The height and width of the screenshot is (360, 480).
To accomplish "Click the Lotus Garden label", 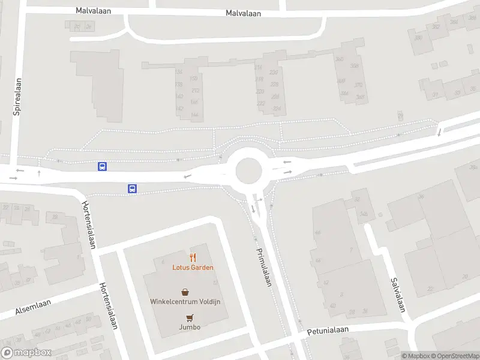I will (193, 268).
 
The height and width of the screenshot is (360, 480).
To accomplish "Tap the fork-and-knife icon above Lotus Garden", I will (193, 257).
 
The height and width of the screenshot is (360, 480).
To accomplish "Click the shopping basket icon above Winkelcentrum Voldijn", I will (185, 292).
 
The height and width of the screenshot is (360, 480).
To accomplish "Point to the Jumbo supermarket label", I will (189, 327).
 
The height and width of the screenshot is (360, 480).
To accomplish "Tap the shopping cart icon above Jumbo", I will (190, 318).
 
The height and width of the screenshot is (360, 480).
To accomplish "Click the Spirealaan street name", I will (17, 97).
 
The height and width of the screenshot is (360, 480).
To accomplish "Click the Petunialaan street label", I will (328, 331).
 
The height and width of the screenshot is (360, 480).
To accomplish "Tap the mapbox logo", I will (26, 353).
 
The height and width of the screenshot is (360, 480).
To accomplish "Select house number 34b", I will (364, 213).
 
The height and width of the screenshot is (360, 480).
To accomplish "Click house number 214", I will (259, 67).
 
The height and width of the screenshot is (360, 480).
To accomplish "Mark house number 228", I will (274, 84).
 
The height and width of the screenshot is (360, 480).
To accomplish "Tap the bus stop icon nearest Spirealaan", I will (103, 166).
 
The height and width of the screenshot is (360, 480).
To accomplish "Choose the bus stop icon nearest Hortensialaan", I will (132, 188).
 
